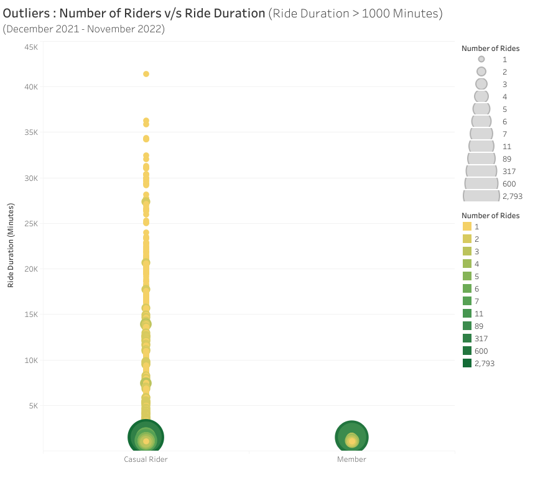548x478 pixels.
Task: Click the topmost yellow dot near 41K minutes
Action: [x=146, y=74]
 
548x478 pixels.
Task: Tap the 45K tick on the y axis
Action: [x=31, y=47]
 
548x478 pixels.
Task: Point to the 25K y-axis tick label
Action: [x=31, y=224]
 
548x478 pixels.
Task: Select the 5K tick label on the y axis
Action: [x=32, y=406]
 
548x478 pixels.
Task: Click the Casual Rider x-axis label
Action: [x=146, y=459]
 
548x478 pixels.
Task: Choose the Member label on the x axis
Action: [x=351, y=459]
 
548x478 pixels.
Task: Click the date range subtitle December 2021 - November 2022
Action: [x=84, y=29]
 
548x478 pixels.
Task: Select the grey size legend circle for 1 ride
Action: [x=481, y=59]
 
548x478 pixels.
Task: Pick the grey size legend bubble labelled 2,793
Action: [x=481, y=196]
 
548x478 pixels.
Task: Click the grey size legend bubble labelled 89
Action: [x=481, y=159]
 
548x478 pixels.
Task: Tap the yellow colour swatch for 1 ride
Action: [x=467, y=227]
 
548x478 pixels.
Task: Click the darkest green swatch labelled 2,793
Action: [x=467, y=363]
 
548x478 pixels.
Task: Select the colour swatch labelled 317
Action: [x=467, y=338]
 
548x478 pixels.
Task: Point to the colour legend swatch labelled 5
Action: [x=467, y=276]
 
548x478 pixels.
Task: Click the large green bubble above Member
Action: [x=352, y=437]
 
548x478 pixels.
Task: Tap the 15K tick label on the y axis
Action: [x=31, y=315]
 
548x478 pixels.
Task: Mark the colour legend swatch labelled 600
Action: [x=467, y=351]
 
